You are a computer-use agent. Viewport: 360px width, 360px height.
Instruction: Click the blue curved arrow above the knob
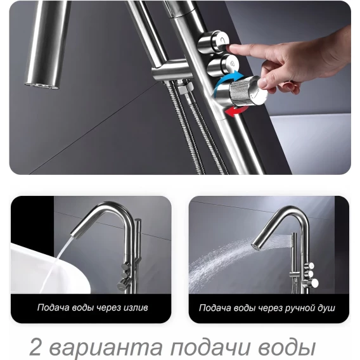point(226,79)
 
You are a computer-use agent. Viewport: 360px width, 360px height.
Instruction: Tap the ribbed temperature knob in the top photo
point(247,91)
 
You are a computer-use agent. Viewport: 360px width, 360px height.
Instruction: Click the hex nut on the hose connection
point(184,89)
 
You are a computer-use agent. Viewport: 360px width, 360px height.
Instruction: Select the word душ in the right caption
point(326,307)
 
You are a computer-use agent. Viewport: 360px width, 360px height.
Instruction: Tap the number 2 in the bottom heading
point(35,347)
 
